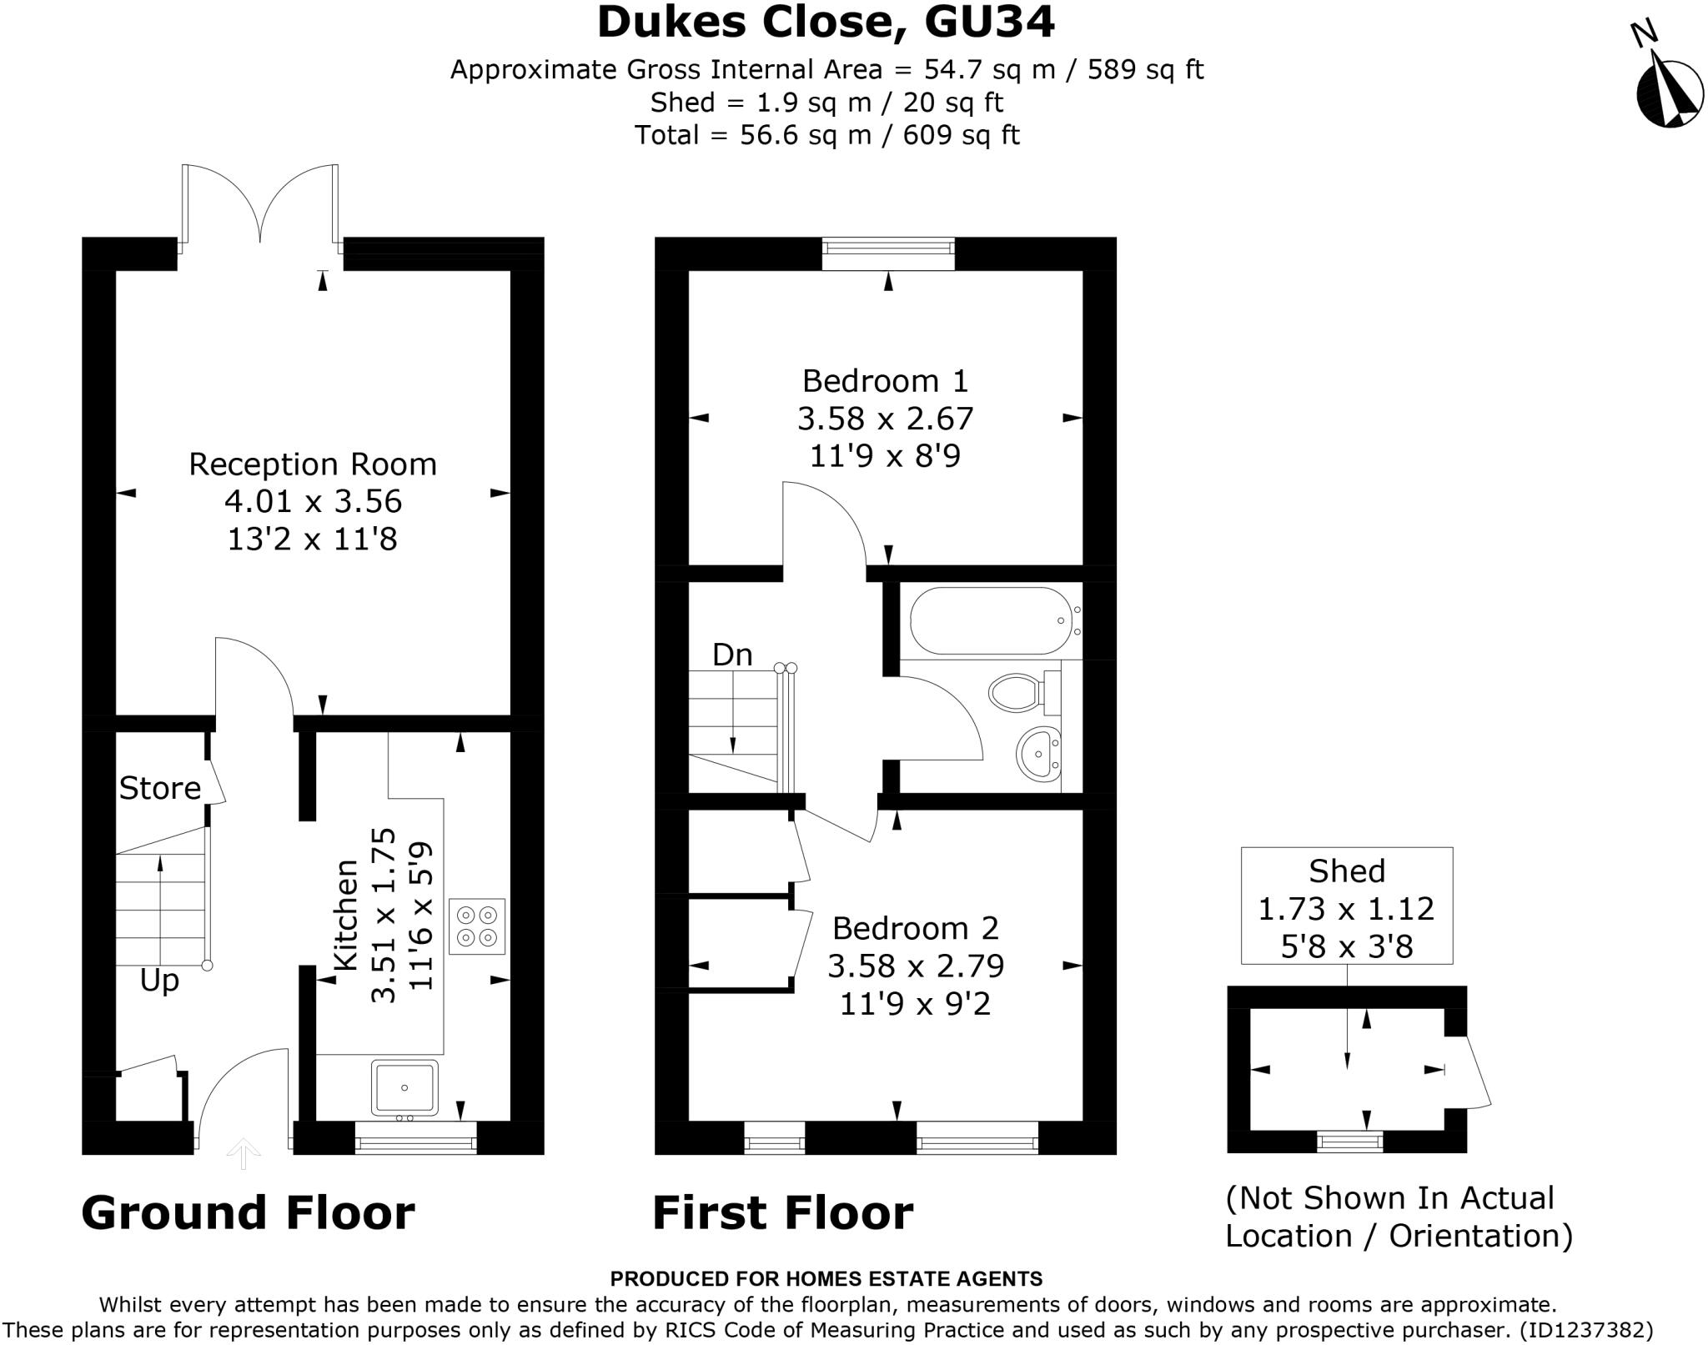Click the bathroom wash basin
[x=1037, y=754]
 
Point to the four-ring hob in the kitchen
[x=477, y=926]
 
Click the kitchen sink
[x=404, y=1087]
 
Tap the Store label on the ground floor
[x=159, y=788]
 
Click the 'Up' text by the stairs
[x=159, y=981]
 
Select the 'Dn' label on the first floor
[x=732, y=655]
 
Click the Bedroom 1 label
[x=885, y=381]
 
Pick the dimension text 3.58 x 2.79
[x=915, y=966]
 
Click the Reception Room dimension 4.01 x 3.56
[x=313, y=501]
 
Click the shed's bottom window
[x=1349, y=1141]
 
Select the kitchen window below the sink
[x=415, y=1139]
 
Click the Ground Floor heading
[x=248, y=1212]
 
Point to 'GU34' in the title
[x=989, y=23]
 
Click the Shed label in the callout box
[x=1346, y=871]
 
